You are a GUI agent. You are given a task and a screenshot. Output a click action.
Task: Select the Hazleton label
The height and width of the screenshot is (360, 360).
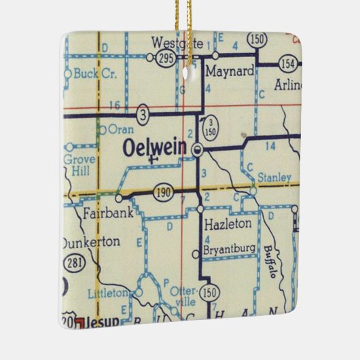228,222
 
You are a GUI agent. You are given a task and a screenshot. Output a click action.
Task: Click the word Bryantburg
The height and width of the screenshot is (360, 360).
231,251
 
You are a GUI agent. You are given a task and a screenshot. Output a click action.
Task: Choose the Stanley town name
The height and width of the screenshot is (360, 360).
274,178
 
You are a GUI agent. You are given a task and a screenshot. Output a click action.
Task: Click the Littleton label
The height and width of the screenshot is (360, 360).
107,293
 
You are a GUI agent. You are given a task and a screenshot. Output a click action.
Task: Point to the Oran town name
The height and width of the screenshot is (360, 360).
121,129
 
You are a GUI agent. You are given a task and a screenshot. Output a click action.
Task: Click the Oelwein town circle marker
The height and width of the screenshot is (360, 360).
198,148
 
